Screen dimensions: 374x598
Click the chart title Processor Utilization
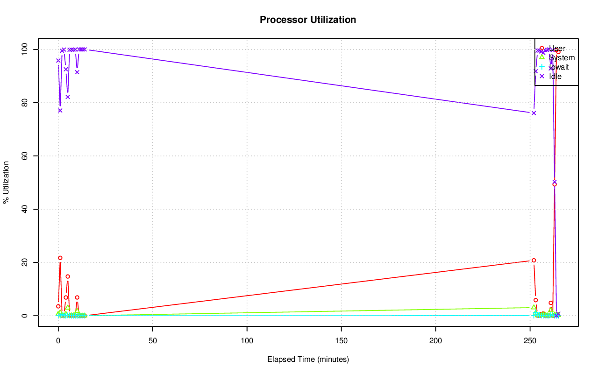click(308, 20)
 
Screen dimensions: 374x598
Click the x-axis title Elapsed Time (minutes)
click(308, 360)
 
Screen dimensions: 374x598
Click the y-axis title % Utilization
click(7, 182)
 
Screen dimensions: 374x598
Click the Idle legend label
click(555, 77)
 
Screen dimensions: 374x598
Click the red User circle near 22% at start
click(60, 258)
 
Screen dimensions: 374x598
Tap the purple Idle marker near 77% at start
click(60, 110)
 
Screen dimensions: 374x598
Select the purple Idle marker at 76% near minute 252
click(534, 113)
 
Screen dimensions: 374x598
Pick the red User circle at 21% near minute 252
click(534, 261)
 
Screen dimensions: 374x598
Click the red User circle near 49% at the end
click(555, 184)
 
